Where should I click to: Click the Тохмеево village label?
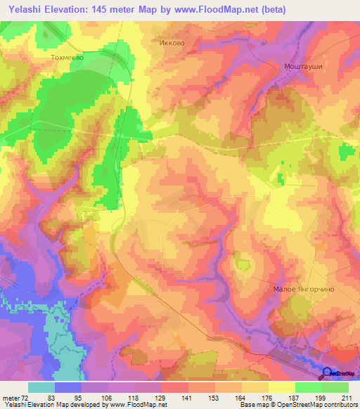67,58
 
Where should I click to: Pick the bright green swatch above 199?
308,387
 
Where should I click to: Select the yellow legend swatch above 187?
281,387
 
